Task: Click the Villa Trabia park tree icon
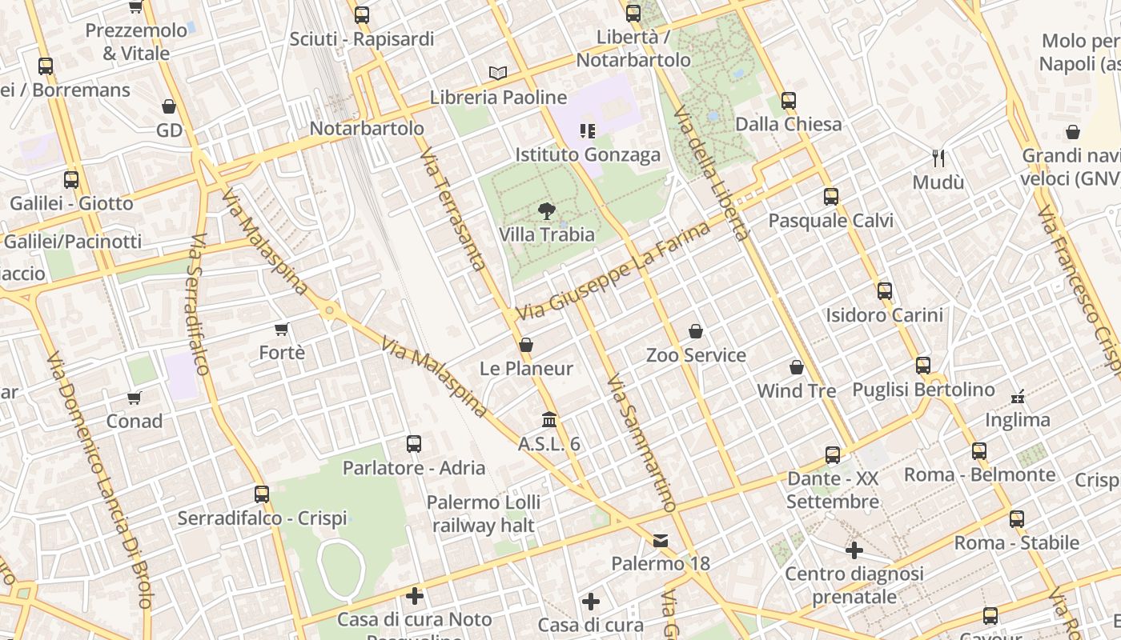[x=547, y=211]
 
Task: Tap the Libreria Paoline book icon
[x=498, y=74]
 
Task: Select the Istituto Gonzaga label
[x=588, y=154]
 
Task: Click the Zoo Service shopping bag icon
[x=696, y=331]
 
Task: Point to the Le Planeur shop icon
[x=526, y=345]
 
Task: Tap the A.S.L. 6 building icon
[x=549, y=420]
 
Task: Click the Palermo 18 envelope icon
[x=661, y=541]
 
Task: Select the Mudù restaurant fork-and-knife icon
[x=938, y=158]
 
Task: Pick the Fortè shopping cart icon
[x=281, y=329]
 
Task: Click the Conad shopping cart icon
[x=134, y=398]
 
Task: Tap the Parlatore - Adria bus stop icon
[x=414, y=444]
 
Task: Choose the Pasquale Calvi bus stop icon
[x=831, y=197]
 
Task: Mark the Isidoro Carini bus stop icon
[x=885, y=291]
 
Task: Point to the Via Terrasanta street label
[x=453, y=210]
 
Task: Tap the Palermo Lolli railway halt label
[x=483, y=514]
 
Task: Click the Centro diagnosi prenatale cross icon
[x=854, y=550]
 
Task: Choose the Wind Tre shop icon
[x=797, y=367]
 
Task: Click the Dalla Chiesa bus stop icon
[x=789, y=101]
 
